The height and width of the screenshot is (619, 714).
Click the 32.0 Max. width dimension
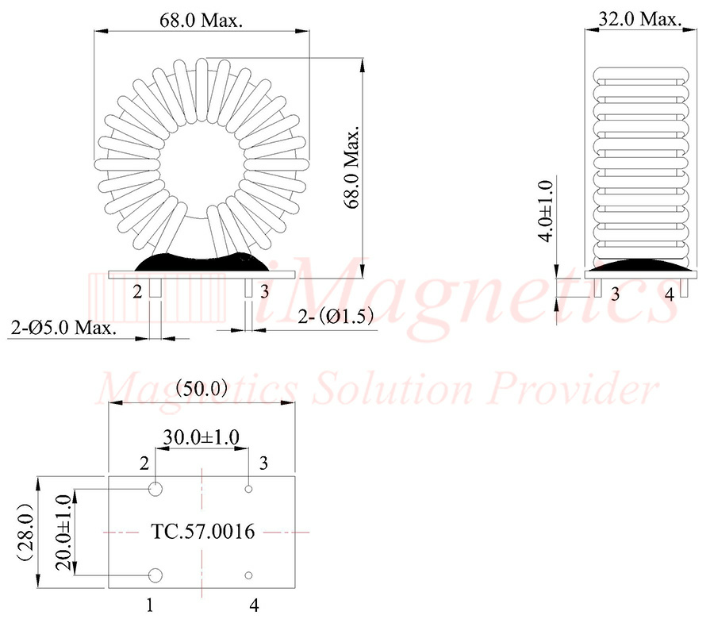coord(639,19)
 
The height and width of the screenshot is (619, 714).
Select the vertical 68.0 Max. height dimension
coord(351,167)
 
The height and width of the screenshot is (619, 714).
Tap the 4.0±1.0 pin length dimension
coord(545,210)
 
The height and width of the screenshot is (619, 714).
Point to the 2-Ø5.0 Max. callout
coord(63,328)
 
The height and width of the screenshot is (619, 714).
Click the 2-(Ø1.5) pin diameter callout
coord(336,316)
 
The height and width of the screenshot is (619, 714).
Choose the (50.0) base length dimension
coord(202,388)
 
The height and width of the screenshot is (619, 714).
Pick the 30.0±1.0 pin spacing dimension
coord(201,437)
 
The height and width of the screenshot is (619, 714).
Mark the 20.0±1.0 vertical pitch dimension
coord(64,532)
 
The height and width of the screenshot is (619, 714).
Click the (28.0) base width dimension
coord(26,532)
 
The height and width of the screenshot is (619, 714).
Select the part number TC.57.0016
coord(202,532)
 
